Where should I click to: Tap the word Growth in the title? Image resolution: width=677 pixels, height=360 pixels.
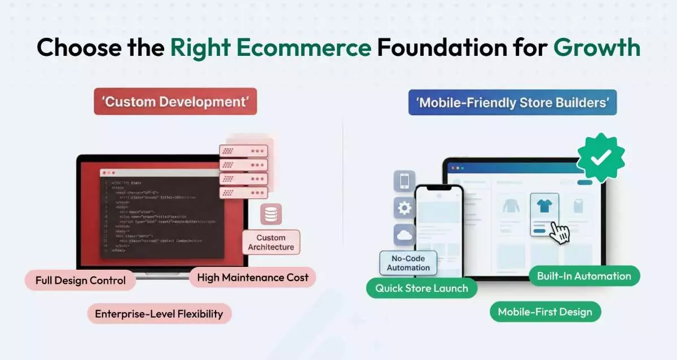click(x=596, y=47)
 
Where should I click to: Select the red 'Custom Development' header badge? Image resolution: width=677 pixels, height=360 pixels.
click(x=175, y=102)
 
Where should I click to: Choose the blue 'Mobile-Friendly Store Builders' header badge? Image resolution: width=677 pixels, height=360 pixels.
click(x=512, y=103)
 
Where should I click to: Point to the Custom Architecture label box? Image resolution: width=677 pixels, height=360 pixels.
click(x=271, y=242)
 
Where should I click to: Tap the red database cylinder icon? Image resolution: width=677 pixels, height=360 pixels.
click(x=271, y=214)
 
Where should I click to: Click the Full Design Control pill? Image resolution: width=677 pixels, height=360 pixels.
click(x=81, y=280)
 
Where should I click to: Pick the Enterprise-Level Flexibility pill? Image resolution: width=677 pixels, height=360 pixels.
click(x=159, y=314)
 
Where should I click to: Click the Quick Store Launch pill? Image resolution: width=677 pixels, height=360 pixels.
click(x=422, y=288)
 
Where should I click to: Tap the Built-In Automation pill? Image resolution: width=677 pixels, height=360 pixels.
click(x=584, y=276)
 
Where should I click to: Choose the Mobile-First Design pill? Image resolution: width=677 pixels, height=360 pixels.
click(x=545, y=311)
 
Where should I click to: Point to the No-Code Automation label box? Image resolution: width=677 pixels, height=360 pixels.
click(x=408, y=263)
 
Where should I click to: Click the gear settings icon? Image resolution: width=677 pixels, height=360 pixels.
click(x=404, y=208)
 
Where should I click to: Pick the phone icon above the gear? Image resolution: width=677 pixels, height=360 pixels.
click(x=404, y=181)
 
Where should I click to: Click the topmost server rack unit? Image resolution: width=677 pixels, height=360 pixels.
click(x=243, y=151)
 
